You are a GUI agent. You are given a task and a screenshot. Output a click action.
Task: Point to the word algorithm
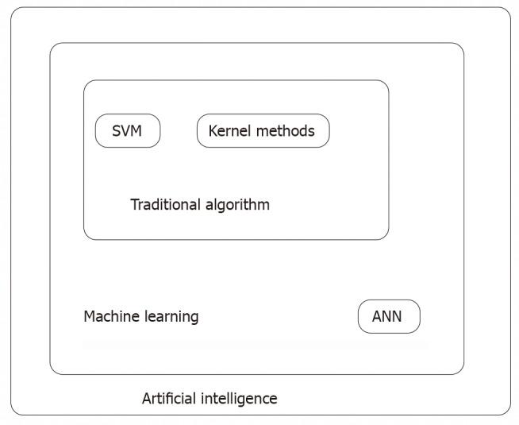tap(237, 205)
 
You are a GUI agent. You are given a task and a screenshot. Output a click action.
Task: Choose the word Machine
tap(112, 316)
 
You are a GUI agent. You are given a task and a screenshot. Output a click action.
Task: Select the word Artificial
tap(170, 398)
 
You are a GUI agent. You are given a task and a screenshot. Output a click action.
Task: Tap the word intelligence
tap(240, 399)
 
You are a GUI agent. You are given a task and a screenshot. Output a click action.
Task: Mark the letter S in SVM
tap(117, 131)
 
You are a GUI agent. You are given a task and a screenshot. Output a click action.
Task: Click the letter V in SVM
tap(125, 131)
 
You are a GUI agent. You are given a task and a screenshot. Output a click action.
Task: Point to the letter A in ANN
tap(377, 316)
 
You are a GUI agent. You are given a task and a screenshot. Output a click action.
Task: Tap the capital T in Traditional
tap(135, 205)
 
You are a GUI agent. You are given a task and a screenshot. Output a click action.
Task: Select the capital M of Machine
tap(90, 317)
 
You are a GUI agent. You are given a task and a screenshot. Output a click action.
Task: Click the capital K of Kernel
tap(213, 131)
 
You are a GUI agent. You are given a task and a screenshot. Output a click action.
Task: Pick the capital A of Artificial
tap(148, 399)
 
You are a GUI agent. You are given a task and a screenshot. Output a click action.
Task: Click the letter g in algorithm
tap(218, 207)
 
